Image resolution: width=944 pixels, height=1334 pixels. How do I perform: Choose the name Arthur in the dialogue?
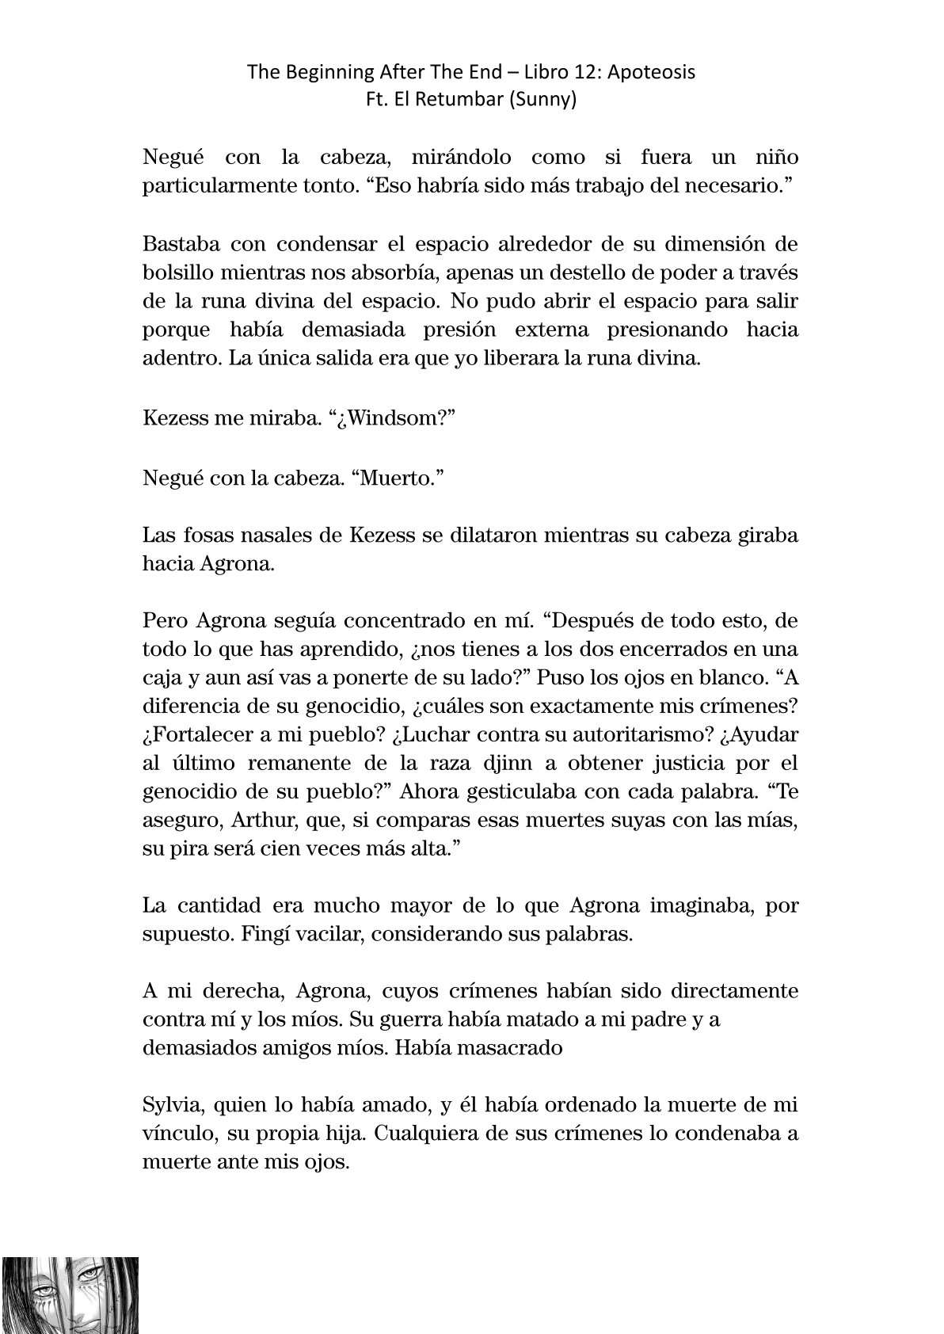coord(264,820)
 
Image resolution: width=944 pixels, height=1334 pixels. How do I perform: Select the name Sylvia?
coord(169,1105)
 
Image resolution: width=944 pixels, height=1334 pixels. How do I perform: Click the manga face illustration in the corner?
coord(70,1294)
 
